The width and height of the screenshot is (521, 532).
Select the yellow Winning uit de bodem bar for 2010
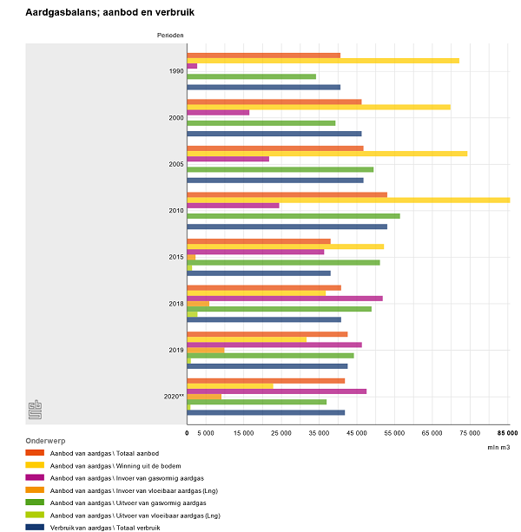[348, 200]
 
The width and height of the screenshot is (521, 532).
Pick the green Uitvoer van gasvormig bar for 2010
[293, 216]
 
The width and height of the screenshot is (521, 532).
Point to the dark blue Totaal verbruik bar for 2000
[274, 134]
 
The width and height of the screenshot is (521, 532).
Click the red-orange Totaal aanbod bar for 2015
[259, 241]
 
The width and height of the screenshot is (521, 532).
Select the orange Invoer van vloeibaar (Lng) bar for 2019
[206, 350]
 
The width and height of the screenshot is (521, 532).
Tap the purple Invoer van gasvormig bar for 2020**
[277, 391]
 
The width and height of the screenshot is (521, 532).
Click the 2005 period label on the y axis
[175, 164]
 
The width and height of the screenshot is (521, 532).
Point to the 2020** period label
[174, 397]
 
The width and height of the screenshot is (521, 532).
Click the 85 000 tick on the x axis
[507, 432]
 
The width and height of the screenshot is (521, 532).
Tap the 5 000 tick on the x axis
[206, 432]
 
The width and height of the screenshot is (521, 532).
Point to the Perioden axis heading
[170, 35]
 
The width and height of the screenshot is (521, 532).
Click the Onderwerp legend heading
[45, 441]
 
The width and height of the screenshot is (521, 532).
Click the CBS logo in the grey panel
[35, 409]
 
